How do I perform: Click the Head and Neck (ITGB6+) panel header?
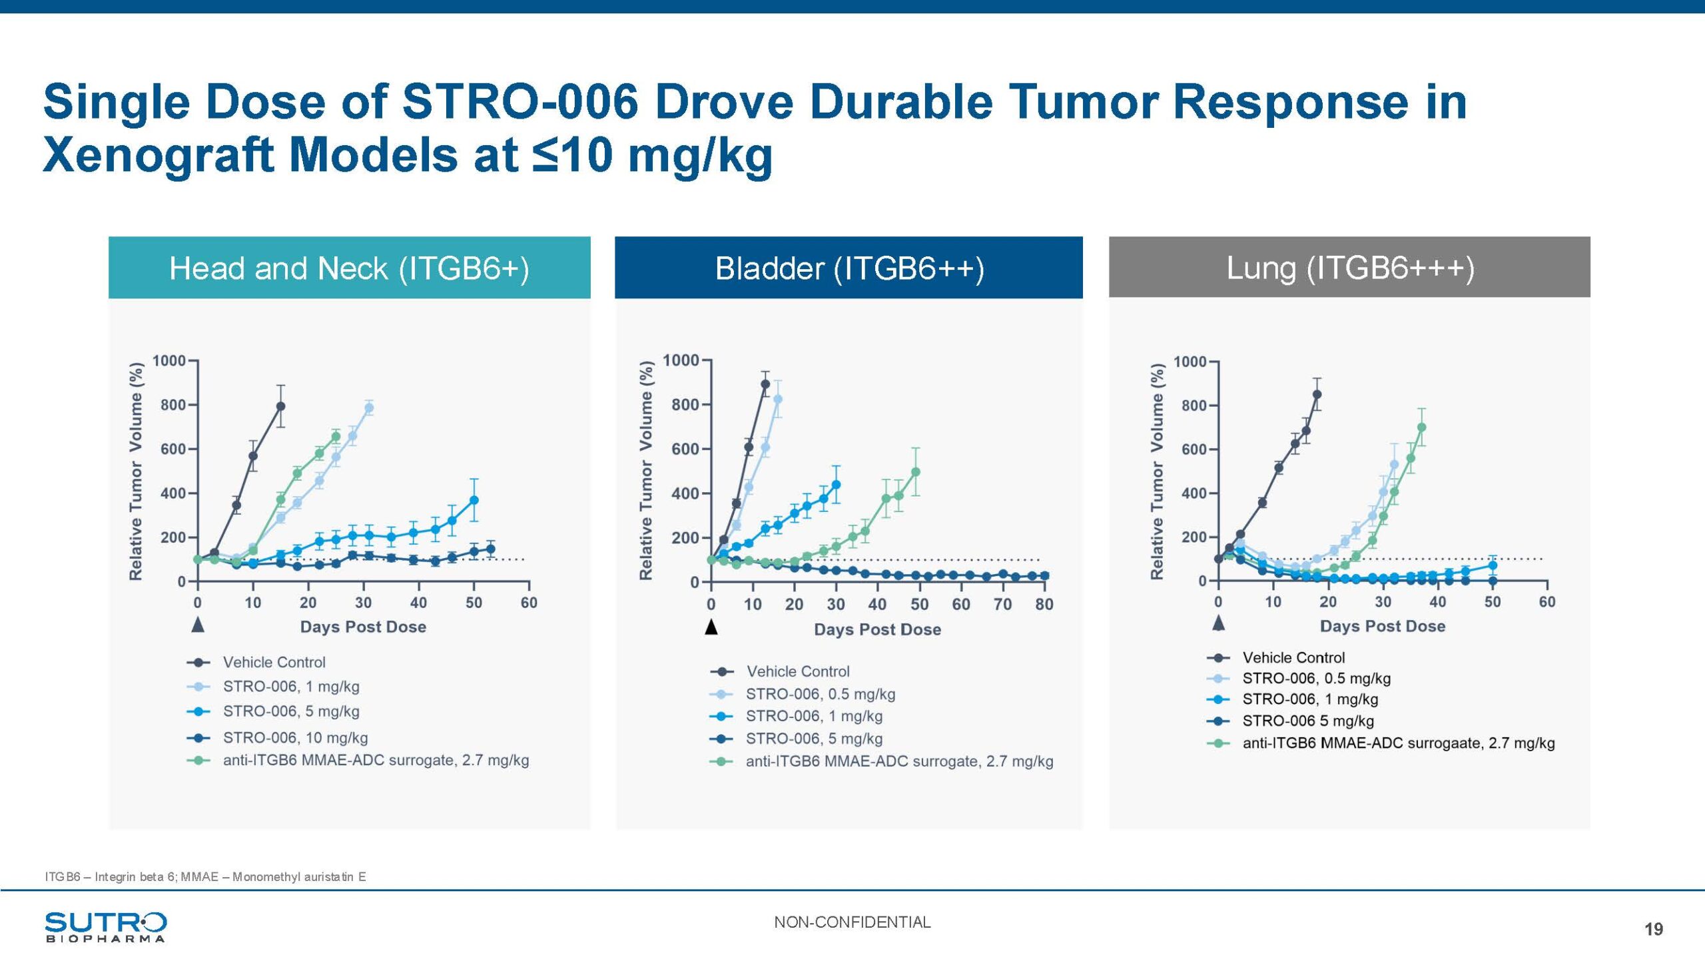click(349, 268)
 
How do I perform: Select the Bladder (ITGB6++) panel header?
click(849, 268)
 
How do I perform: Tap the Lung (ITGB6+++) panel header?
click(1349, 268)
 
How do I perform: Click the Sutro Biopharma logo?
click(105, 926)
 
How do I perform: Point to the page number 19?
click(1653, 929)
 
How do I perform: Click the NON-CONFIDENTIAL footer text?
click(852, 922)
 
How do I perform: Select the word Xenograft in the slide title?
click(160, 155)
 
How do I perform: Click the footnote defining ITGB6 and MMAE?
click(205, 876)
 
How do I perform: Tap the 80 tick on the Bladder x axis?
click(1044, 605)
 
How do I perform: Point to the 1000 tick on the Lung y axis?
click(1190, 362)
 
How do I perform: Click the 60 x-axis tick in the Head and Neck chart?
click(529, 603)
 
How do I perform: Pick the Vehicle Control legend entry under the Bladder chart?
click(797, 671)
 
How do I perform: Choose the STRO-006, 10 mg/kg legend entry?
click(295, 737)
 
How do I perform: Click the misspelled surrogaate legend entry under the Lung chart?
click(1398, 743)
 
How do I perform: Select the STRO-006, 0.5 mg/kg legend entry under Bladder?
click(820, 694)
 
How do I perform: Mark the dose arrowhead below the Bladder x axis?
click(711, 627)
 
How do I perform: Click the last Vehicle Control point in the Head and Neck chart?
click(280, 406)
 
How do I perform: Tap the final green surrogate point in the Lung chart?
click(1421, 428)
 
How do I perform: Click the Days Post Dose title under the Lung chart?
click(1383, 626)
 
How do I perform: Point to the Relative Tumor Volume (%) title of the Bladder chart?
click(645, 470)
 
